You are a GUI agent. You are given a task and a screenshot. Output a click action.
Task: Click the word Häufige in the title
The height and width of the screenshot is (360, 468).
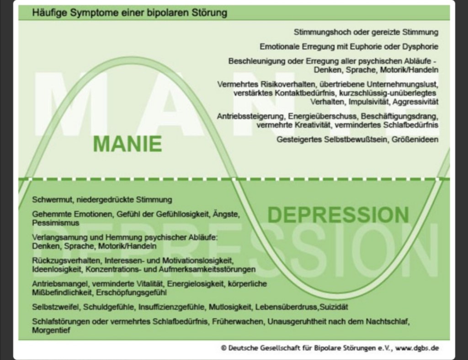click(47, 13)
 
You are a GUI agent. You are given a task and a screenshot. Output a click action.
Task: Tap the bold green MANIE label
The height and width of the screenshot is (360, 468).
click(128, 144)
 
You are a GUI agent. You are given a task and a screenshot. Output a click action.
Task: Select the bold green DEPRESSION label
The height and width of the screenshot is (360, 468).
click(338, 214)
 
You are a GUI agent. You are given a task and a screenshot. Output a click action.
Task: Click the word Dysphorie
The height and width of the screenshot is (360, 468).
click(421, 47)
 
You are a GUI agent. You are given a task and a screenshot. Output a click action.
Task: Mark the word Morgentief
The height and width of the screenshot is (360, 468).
click(52, 330)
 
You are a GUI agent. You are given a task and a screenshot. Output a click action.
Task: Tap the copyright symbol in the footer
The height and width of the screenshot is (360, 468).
click(223, 348)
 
